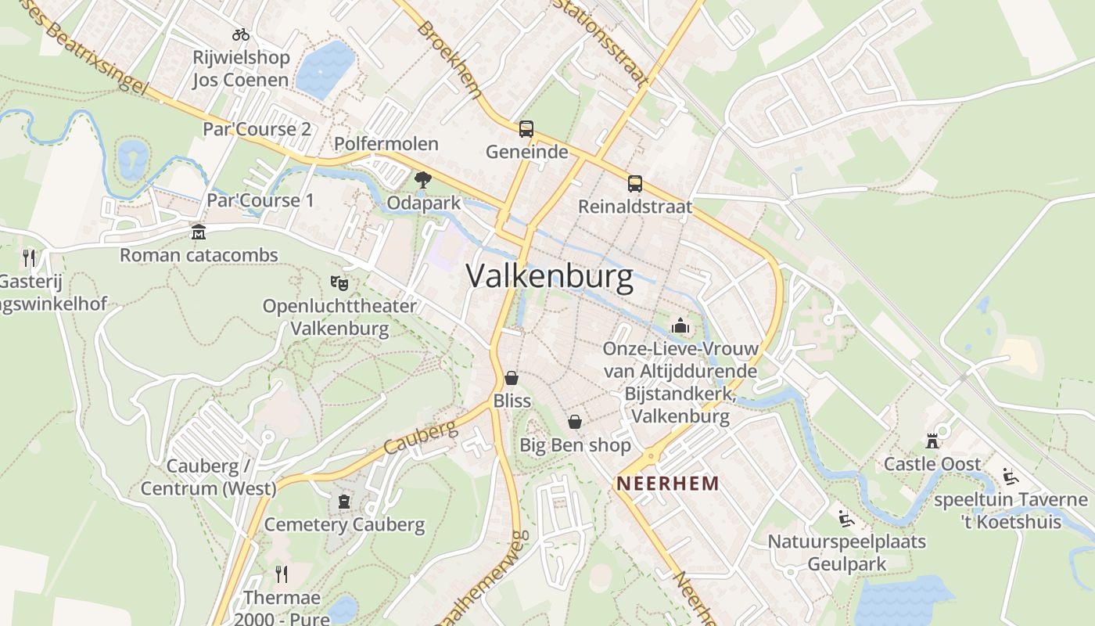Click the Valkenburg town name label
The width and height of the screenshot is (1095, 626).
coord(549,277)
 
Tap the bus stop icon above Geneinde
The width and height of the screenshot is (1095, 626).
coord(526,129)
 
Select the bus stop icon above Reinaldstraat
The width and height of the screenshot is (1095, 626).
coord(634,185)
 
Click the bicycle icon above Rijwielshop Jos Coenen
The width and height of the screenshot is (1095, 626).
coord(241,34)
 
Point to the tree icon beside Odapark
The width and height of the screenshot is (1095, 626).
coord(423,180)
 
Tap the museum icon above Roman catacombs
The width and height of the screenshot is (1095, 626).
coord(199,232)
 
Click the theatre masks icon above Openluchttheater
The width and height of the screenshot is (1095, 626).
coord(339,282)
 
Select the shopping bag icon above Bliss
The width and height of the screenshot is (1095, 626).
coord(512,379)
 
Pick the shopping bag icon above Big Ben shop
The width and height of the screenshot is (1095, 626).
coord(575,423)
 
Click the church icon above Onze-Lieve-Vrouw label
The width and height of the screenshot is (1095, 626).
coord(680,325)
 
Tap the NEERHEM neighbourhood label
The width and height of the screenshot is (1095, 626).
coord(667,484)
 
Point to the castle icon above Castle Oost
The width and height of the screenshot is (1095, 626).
coord(932,441)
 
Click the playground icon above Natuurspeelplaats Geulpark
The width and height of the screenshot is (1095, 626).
coord(845,518)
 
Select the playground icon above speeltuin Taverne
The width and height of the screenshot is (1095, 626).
coord(1011,476)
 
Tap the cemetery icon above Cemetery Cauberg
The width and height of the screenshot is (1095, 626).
coord(344,502)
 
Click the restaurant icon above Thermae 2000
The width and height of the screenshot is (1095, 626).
coord(282,575)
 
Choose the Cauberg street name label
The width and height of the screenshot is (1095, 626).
coord(420,438)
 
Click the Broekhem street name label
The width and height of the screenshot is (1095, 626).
coord(449,59)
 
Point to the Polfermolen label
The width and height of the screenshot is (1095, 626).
coord(386,144)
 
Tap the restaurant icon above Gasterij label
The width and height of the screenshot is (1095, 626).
coord(29,257)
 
